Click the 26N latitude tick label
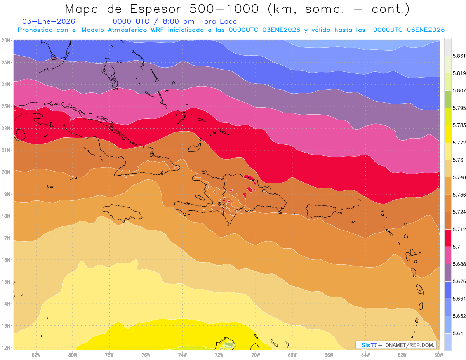tap(6, 40)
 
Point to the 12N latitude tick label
tap(6, 348)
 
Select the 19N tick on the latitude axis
tap(6, 194)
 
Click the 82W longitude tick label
tap(36, 355)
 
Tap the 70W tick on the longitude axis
tap(256, 355)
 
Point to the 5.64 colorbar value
tap(454, 333)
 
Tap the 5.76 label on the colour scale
tap(454, 160)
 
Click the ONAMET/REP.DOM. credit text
tap(410, 345)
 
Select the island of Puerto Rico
tap(320, 211)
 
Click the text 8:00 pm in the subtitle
tap(181, 22)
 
